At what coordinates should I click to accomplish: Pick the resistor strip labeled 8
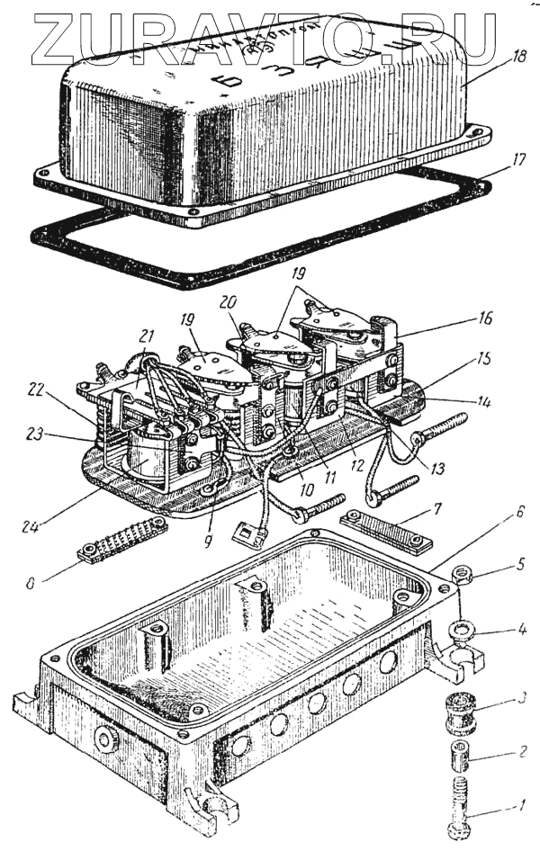point(124,540)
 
